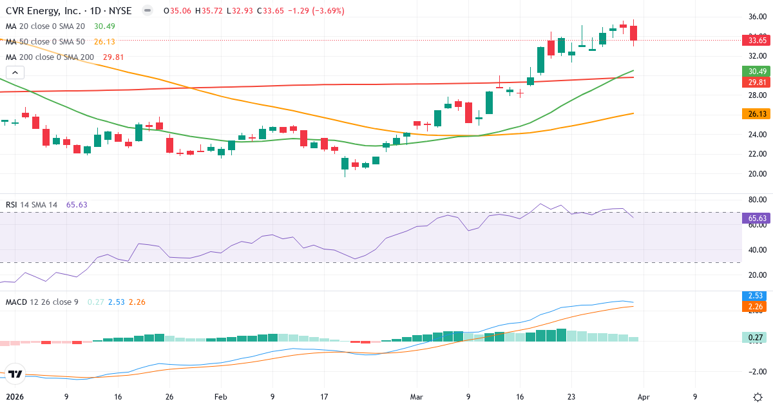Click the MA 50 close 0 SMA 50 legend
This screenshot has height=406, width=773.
45,41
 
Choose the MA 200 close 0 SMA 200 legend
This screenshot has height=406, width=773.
49,57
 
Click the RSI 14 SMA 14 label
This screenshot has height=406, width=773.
32,205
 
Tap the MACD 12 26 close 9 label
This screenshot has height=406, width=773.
42,302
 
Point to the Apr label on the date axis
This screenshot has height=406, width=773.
644,397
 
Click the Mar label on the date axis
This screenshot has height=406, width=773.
415,397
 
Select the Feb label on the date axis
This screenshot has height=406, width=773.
221,397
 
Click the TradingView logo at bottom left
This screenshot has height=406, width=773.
15,374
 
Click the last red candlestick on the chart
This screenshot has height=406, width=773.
633,33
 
